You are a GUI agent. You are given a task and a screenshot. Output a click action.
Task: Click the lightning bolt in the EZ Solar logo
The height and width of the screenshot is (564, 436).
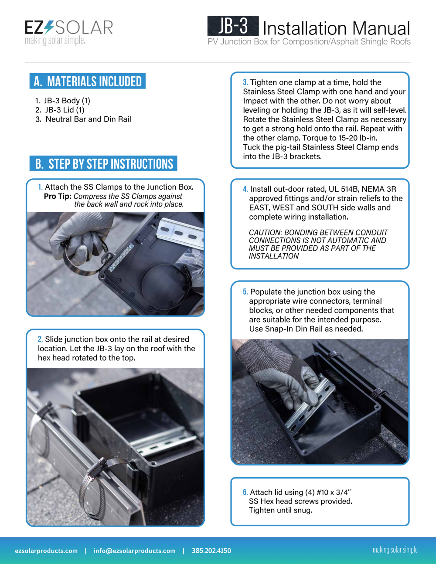click(x=49, y=27)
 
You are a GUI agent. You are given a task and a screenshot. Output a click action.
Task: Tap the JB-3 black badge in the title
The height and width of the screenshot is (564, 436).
click(x=233, y=26)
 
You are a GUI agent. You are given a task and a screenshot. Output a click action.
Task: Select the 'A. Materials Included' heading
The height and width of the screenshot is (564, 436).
click(x=88, y=81)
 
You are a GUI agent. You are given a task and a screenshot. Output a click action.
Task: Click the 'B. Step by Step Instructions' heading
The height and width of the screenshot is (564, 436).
click(x=103, y=163)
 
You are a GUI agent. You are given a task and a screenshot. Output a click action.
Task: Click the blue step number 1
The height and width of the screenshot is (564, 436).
click(x=40, y=187)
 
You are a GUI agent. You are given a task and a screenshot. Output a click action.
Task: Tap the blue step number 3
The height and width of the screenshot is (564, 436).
click(x=245, y=82)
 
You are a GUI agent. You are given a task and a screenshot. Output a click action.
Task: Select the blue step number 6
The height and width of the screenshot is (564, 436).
click(x=245, y=492)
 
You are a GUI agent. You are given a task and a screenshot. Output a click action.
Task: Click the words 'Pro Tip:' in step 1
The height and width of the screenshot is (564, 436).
click(x=58, y=196)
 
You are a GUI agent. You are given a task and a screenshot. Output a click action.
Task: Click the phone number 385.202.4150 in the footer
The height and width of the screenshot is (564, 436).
click(x=211, y=551)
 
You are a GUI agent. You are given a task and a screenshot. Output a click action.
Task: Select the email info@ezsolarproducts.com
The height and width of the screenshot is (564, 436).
click(x=134, y=551)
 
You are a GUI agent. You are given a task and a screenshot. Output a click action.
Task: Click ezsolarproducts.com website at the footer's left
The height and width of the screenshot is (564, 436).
click(x=46, y=551)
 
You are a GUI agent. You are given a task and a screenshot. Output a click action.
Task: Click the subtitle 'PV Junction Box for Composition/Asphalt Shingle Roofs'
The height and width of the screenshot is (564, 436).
click(x=309, y=41)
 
